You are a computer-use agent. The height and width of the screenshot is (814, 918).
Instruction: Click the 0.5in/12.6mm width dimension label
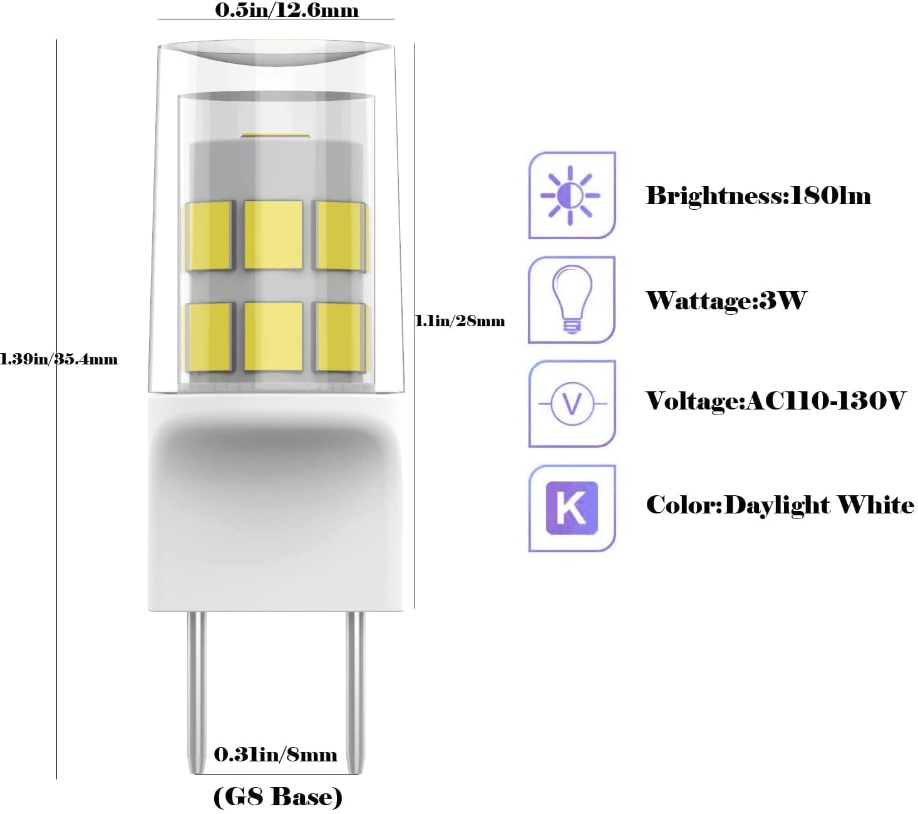click(286, 11)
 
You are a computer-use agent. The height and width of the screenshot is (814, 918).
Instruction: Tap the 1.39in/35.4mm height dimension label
click(58, 359)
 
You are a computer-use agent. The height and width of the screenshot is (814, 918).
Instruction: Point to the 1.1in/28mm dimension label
click(460, 321)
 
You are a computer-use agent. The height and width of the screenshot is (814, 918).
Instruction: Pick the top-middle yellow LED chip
click(273, 235)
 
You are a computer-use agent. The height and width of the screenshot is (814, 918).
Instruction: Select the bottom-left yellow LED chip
click(209, 337)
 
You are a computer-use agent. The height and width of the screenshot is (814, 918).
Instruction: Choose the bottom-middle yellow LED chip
click(273, 336)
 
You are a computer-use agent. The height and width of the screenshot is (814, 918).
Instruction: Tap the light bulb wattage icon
click(572, 299)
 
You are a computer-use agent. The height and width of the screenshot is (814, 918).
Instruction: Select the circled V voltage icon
click(572, 403)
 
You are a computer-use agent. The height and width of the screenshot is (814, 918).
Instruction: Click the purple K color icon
click(572, 508)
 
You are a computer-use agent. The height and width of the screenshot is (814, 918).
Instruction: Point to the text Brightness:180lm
click(758, 196)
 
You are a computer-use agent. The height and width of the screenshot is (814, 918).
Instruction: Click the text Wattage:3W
click(726, 300)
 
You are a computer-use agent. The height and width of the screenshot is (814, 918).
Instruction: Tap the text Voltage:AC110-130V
click(776, 401)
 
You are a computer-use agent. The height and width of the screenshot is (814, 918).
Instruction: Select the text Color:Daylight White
click(780, 505)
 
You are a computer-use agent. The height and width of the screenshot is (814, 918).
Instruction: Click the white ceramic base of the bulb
click(276, 503)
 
